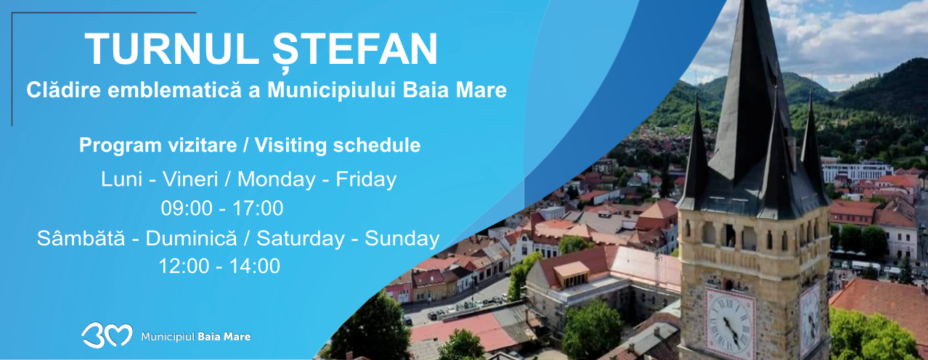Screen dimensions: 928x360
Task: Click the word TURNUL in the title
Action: [169, 49]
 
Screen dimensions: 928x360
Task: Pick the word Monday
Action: [277, 180]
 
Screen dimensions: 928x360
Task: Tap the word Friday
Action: [366, 180]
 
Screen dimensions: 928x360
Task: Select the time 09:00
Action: [187, 208]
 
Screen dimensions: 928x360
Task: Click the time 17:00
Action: [258, 208]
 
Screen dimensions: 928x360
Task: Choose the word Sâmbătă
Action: [81, 238]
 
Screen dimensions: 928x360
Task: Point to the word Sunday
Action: [402, 239]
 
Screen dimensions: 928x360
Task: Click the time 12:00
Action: [184, 266]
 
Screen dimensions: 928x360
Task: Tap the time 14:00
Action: [255, 266]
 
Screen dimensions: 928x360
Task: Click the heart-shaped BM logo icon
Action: [107, 335]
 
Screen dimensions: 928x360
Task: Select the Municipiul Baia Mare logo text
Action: [196, 336]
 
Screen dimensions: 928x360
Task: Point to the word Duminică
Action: [192, 238]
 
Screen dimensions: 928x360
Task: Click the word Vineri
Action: [190, 180]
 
